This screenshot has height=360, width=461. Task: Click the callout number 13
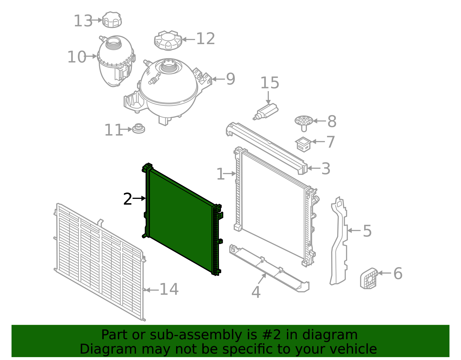(83, 21)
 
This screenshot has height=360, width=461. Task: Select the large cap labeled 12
(168, 40)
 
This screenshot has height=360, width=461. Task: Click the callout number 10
(76, 57)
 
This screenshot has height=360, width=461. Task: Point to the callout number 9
(231, 79)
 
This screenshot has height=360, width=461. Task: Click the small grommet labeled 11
(139, 129)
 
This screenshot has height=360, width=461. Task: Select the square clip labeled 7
(303, 144)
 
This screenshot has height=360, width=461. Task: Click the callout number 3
(326, 169)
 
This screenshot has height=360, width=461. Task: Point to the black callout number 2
(127, 199)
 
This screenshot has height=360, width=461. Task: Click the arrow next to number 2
(139, 199)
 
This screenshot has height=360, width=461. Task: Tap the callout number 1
(220, 174)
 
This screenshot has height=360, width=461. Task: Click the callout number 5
(367, 231)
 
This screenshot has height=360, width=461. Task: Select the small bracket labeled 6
(369, 278)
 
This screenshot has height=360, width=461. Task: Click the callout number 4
(256, 292)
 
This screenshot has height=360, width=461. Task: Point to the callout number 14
(169, 289)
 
